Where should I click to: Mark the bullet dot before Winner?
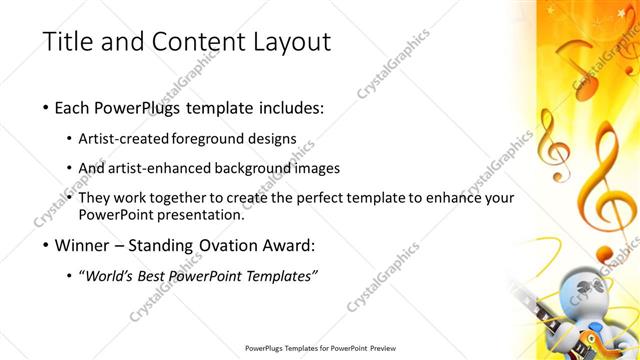(47, 245)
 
